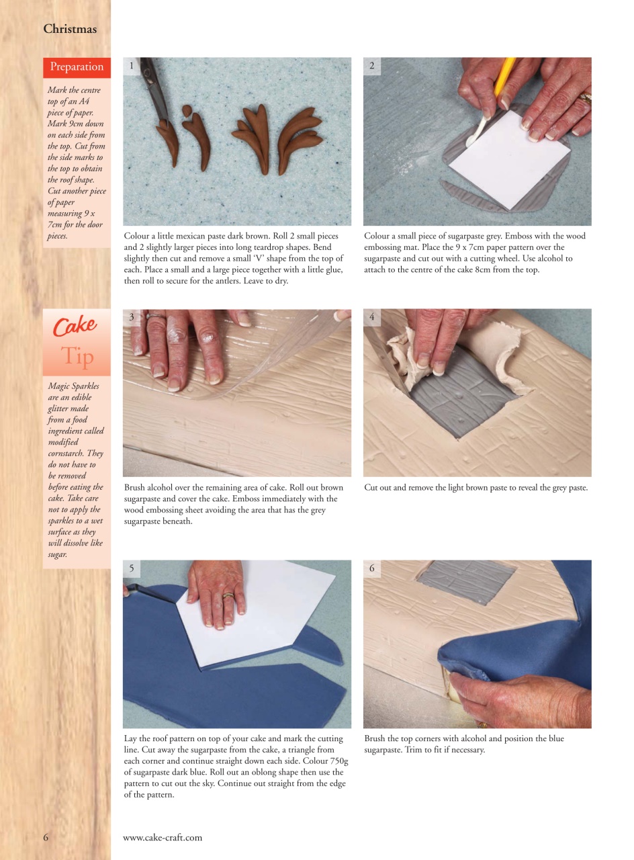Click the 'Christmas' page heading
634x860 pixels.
coord(70,29)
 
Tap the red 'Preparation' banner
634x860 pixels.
coord(77,67)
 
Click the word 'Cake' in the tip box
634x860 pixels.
coord(75,327)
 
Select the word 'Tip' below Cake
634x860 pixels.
coord(77,357)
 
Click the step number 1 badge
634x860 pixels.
coord(131,65)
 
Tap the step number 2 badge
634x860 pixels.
coord(371,65)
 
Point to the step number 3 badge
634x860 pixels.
coord(132,317)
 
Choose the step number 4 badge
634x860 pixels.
coord(371,317)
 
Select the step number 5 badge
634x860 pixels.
coord(132,568)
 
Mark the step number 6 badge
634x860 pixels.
coord(371,568)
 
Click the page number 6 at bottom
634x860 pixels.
coord(46,837)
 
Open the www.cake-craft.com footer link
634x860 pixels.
coord(163,837)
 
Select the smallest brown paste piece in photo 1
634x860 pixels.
coord(187,110)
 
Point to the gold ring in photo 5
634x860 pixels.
coord(228,595)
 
